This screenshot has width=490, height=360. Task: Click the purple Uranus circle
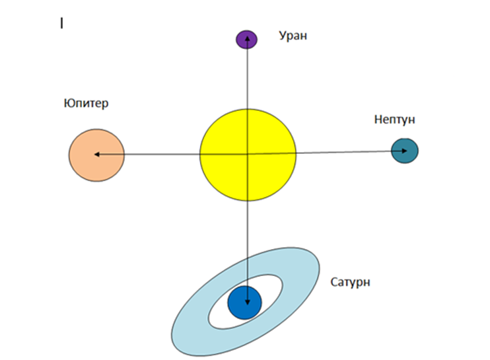tap(246, 40)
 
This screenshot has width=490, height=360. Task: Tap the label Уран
tap(291, 36)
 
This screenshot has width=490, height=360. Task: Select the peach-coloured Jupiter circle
tap(96, 156)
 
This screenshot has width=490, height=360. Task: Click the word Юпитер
tap(86, 104)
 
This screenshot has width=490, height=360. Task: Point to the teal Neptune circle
tap(404, 151)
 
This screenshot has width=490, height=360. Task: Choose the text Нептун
tap(394, 120)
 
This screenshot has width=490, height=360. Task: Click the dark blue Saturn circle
tap(245, 303)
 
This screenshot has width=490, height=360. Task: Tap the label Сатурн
tap(350, 283)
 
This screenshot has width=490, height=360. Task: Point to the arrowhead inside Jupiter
tap(96, 154)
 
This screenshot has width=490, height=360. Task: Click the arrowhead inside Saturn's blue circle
tap(247, 303)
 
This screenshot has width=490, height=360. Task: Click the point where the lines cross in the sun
tap(247, 154)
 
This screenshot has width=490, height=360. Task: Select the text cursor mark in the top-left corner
tap(61, 24)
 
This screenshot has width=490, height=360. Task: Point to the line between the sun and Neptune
tap(343, 153)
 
